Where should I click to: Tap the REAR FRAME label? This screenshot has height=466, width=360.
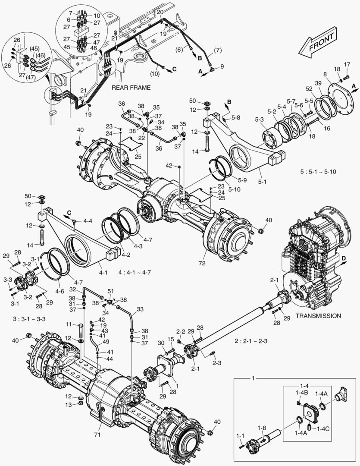[131, 88]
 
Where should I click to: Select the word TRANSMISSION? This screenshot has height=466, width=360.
[318, 316]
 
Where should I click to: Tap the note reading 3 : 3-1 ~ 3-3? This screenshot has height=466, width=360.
[30, 318]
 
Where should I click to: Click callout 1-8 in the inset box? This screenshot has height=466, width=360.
[262, 428]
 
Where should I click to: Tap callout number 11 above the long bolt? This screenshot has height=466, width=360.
[68, 324]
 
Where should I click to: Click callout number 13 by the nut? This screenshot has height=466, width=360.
[68, 404]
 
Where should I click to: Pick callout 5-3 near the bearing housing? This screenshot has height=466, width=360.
[260, 119]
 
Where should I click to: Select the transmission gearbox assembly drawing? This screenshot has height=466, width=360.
[317, 255]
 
